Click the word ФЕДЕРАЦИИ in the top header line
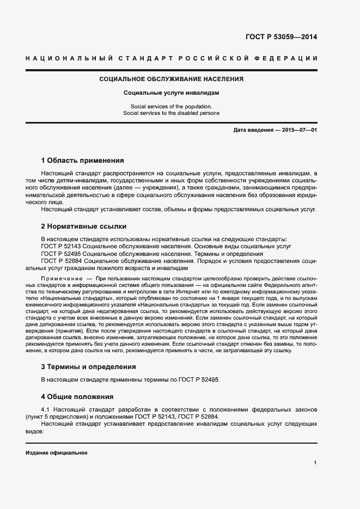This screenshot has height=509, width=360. [288, 58]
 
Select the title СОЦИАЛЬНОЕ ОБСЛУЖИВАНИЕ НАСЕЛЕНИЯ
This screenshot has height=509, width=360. [171, 79]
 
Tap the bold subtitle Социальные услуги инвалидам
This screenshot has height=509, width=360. [171, 93]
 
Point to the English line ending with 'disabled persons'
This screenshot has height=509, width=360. [171, 113]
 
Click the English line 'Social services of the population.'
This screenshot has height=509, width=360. [171, 106]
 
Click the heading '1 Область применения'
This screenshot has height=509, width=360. [82, 161]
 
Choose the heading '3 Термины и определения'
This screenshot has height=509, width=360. [89, 367]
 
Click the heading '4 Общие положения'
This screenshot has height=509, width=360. [78, 396]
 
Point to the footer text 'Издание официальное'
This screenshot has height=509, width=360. [57, 453]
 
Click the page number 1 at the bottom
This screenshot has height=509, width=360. [315, 462]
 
